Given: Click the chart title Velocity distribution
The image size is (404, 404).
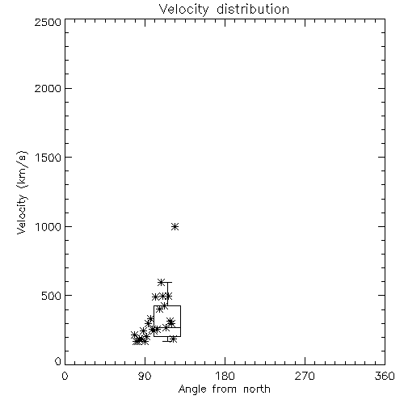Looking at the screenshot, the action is (x=224, y=10).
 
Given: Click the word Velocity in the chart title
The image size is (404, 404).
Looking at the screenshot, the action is (x=183, y=10).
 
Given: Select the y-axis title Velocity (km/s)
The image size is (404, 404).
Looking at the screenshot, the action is (x=22, y=192).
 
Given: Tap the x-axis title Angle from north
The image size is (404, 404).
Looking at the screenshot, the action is (x=225, y=389).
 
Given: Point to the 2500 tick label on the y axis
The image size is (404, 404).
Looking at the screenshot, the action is (x=48, y=22).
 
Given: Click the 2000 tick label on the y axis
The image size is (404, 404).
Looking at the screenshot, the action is (x=48, y=89).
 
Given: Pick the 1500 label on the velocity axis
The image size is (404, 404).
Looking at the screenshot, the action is (x=48, y=158).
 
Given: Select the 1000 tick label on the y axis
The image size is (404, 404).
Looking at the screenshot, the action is (x=48, y=227).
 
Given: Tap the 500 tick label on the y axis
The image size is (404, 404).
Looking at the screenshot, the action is (x=52, y=296).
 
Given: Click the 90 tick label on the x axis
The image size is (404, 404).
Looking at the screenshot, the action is (x=145, y=376).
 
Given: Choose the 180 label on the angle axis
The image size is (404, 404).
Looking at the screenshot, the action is (x=225, y=376).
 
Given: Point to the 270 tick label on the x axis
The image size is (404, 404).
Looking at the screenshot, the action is (x=305, y=376).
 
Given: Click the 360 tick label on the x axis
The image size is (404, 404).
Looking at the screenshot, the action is (x=385, y=376).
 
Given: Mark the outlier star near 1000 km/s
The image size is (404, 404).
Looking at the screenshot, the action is (x=175, y=227).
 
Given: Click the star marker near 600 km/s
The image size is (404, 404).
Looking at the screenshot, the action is (x=161, y=282).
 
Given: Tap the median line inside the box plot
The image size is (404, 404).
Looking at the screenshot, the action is (x=167, y=327).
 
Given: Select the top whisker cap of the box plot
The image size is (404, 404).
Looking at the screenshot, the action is (x=167, y=282).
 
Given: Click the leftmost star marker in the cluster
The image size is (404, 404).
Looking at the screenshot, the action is (x=134, y=335).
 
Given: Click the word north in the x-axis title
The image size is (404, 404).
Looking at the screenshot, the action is (x=257, y=389).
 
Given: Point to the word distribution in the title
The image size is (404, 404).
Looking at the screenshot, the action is (x=253, y=9).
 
